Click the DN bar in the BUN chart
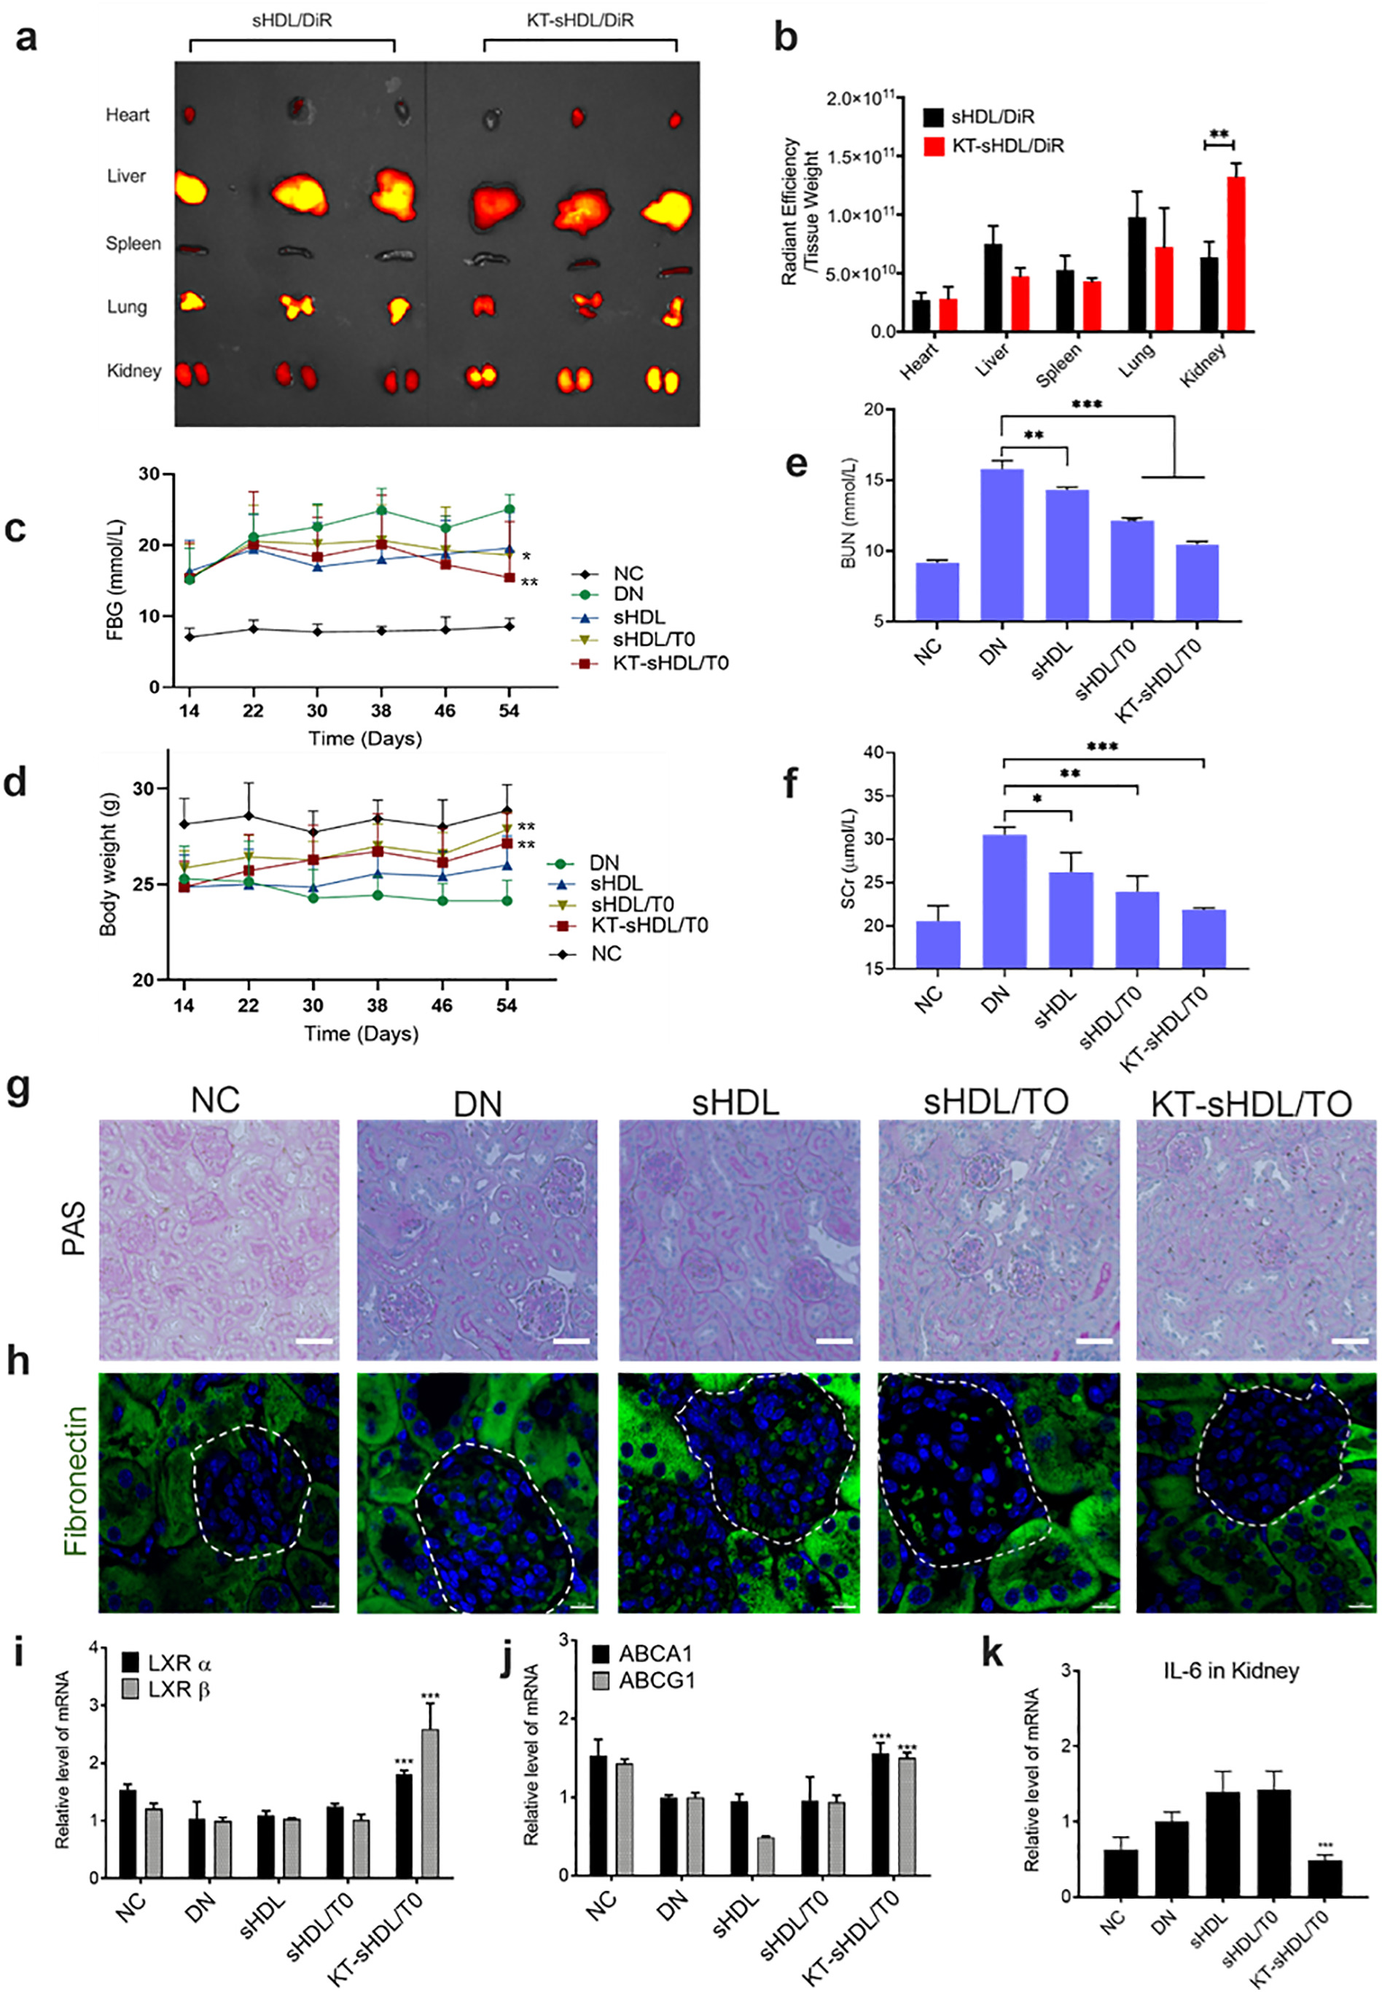pyautogui.click(x=1002, y=544)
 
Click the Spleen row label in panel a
pyautogui.click(x=133, y=244)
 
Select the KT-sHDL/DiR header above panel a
pyautogui.click(x=579, y=20)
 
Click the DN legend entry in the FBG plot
pyautogui.click(x=628, y=594)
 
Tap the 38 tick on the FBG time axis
pyautogui.click(x=380, y=711)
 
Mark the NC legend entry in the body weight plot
pyautogui.click(x=605, y=953)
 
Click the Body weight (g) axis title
pyautogui.click(x=108, y=864)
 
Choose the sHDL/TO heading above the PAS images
pyautogui.click(x=996, y=1102)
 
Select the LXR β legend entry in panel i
pyautogui.click(x=179, y=1689)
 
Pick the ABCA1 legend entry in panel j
pyautogui.click(x=655, y=1654)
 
